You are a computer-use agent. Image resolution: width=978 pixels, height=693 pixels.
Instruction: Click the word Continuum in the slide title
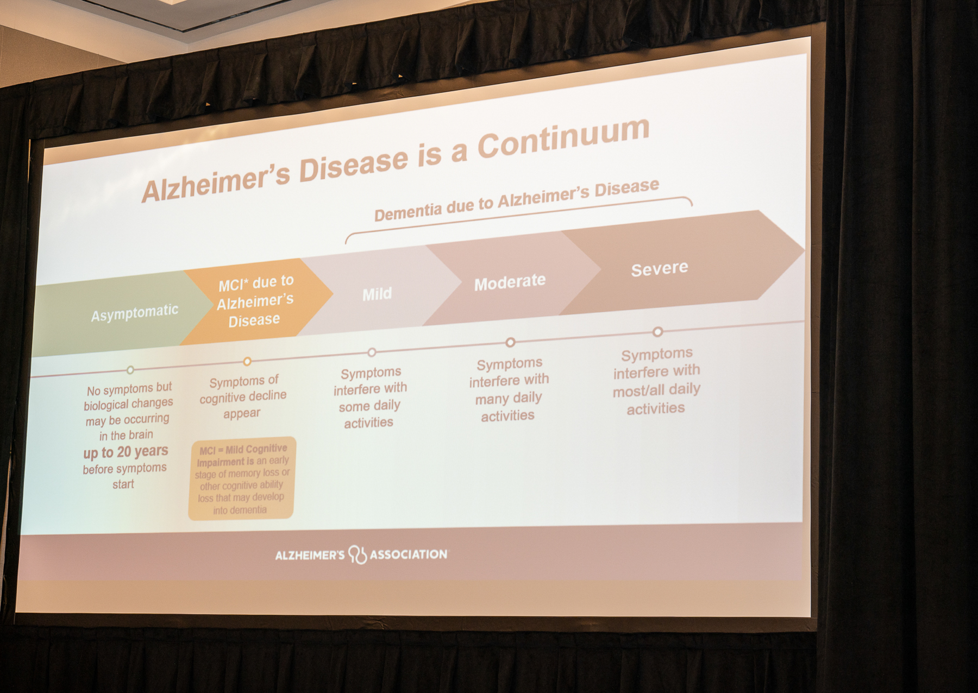click(x=563, y=138)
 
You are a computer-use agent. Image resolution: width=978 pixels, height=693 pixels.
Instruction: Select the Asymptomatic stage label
click(x=134, y=313)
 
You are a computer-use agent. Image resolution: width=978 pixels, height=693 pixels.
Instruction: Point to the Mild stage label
click(x=377, y=294)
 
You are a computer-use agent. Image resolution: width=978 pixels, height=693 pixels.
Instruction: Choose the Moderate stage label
click(x=510, y=282)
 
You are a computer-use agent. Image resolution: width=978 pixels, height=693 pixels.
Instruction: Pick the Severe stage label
click(x=659, y=268)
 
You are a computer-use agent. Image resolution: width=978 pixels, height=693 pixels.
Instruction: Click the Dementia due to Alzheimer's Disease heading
click(x=517, y=199)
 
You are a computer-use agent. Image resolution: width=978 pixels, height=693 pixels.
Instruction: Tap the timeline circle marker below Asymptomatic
click(x=130, y=370)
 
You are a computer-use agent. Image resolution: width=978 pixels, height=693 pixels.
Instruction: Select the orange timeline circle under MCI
click(x=247, y=361)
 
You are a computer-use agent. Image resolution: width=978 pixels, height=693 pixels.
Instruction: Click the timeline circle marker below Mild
click(x=372, y=352)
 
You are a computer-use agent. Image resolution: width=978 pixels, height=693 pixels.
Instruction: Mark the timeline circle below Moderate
click(x=510, y=342)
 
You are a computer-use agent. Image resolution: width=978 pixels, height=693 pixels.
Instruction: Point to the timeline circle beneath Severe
click(x=657, y=331)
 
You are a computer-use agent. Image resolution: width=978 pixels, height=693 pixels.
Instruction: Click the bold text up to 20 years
click(x=126, y=452)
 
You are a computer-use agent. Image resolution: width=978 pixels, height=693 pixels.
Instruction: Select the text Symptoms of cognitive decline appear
click(x=242, y=397)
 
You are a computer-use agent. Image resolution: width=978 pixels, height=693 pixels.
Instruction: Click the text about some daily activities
click(x=370, y=398)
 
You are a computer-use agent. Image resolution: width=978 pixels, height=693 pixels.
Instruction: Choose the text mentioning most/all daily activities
click(x=656, y=381)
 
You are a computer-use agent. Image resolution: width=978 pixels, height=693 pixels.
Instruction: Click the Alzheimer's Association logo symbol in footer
click(x=358, y=555)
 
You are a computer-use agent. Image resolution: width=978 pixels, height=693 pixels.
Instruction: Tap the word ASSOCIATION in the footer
click(x=409, y=555)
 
